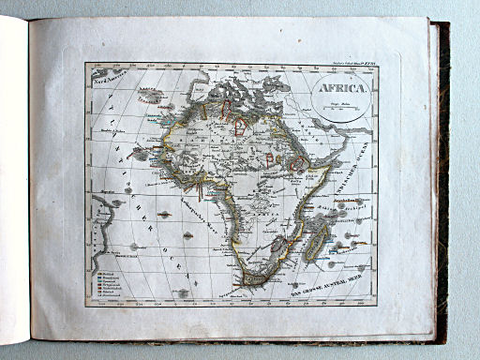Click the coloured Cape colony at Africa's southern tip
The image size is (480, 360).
[x=254, y=277]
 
